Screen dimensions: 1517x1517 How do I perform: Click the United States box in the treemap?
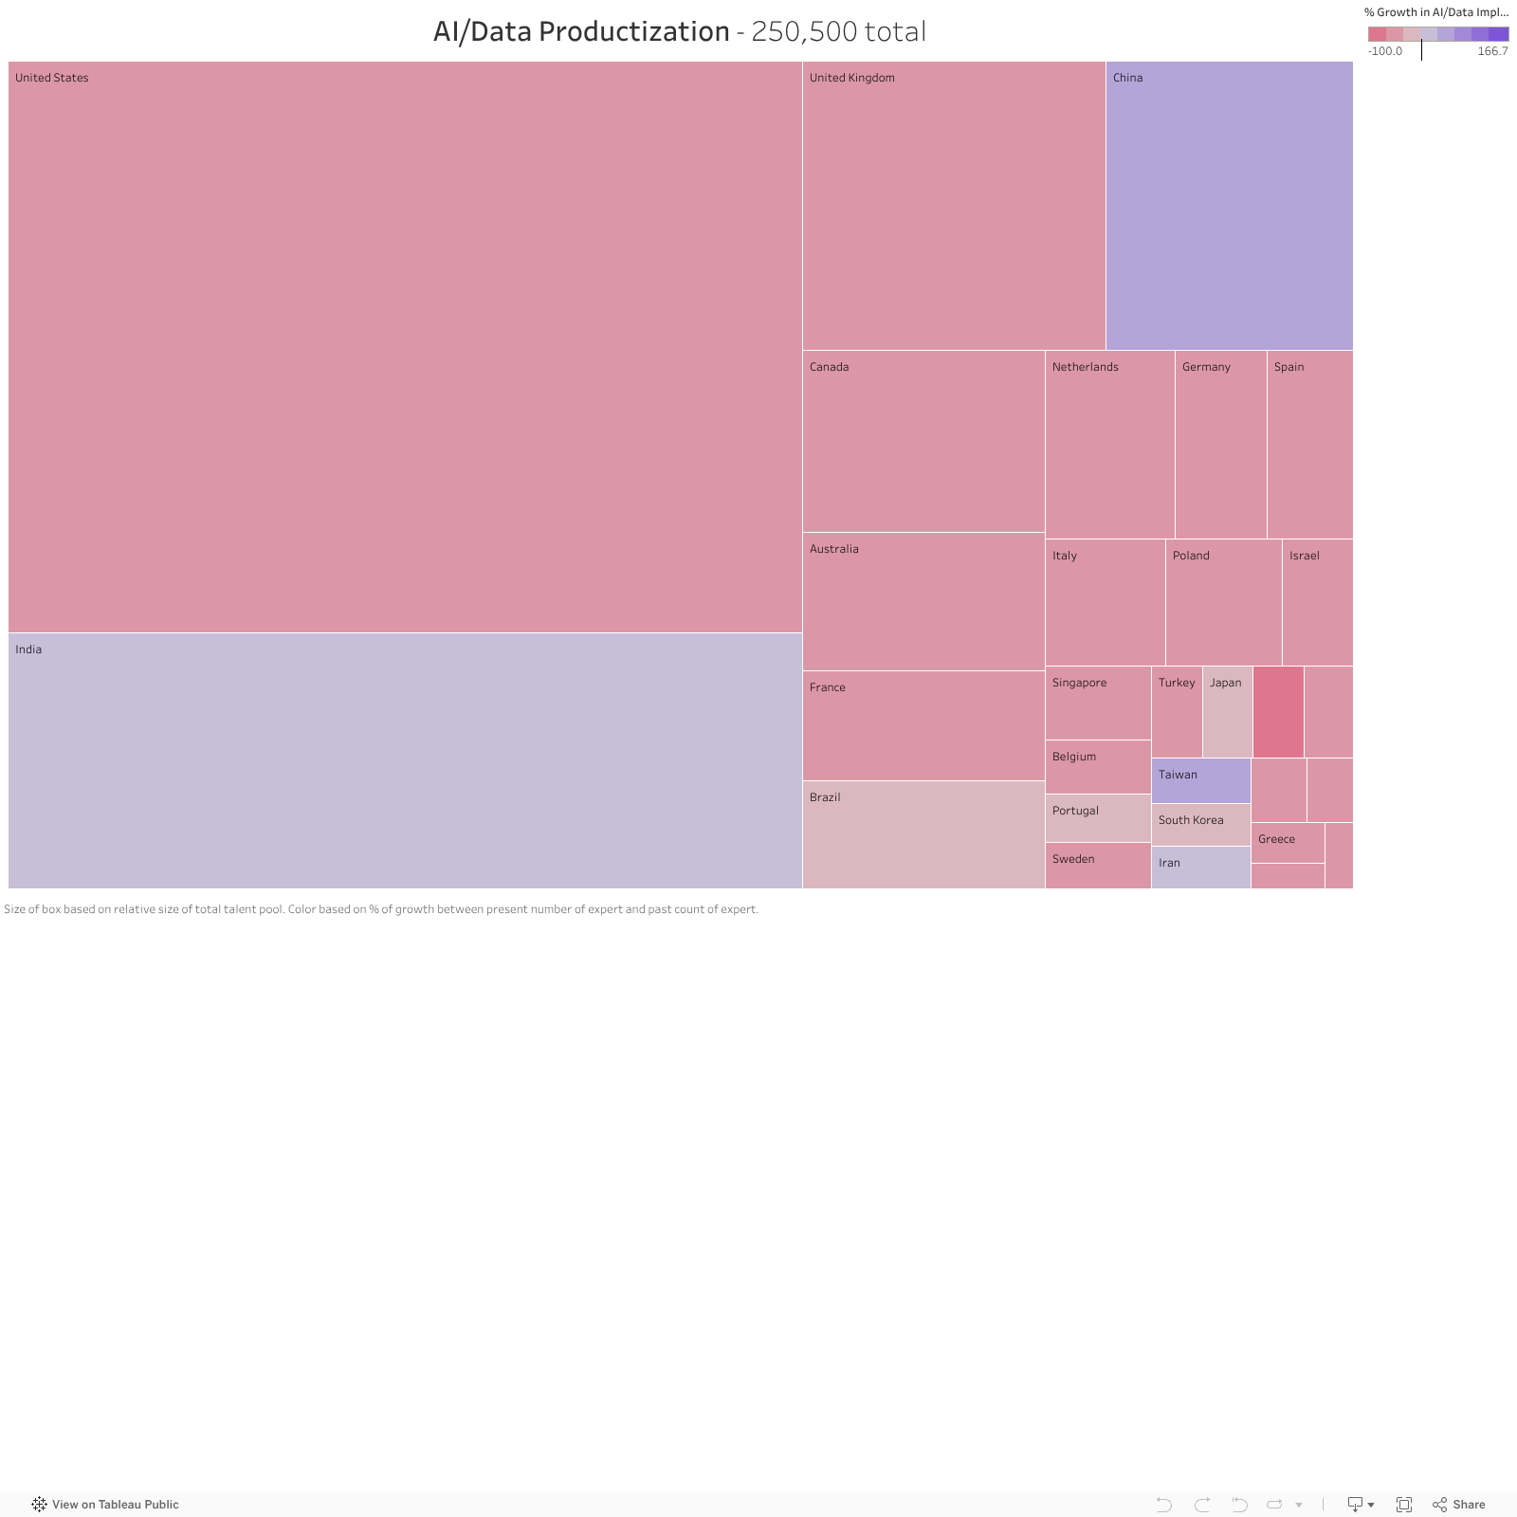[x=405, y=347]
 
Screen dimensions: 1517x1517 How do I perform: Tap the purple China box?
[x=1229, y=206]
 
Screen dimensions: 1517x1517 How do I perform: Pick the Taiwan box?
[x=1200, y=781]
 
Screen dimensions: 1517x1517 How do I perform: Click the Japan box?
[x=1227, y=712]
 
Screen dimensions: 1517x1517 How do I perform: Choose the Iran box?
[x=1200, y=868]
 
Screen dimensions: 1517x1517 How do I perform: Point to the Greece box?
[x=1287, y=843]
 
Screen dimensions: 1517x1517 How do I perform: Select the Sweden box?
[x=1098, y=866]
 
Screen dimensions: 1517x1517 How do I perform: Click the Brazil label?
[x=825, y=797]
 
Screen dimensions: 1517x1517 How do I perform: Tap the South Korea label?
[x=1191, y=820]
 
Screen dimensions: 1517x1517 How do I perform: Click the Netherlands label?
[x=1085, y=367]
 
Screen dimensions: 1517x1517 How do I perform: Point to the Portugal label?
[x=1075, y=811]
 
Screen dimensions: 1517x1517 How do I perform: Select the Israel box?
[x=1317, y=602]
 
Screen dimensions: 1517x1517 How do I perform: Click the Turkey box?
[x=1177, y=712]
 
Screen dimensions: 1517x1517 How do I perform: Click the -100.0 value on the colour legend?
[x=1385, y=51]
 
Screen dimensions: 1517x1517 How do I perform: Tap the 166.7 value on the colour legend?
[x=1492, y=51]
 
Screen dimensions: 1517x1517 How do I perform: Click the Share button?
[x=1459, y=1505]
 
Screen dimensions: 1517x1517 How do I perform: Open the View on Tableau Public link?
[x=105, y=1505]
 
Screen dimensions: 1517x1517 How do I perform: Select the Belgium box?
[x=1098, y=767]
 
